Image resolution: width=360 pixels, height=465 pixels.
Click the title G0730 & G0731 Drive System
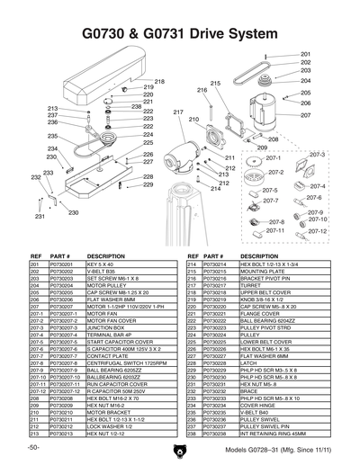(180, 34)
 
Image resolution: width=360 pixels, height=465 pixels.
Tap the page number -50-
(33, 447)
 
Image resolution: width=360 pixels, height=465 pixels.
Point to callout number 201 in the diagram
(306, 54)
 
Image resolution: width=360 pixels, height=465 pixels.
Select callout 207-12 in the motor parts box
(317, 231)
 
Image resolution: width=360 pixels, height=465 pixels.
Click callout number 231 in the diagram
(40, 217)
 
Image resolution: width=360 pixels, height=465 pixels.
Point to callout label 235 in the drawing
(53, 136)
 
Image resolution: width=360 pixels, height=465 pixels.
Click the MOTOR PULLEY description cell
(105, 286)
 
